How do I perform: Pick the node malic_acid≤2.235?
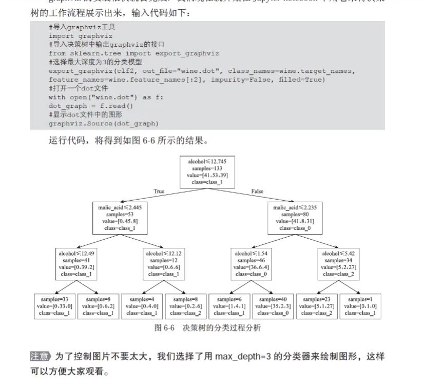coord(294,218)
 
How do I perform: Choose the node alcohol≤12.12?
coord(163,264)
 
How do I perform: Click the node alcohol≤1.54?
coord(251,264)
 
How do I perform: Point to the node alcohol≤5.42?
coord(338,264)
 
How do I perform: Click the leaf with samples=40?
coord(274,306)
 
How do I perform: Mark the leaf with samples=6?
coord(229,306)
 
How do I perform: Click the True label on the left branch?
coord(159,191)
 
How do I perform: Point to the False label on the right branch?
coord(257,191)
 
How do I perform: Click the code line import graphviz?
coord(80,36)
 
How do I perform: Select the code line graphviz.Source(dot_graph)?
coord(104,123)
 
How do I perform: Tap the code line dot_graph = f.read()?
coord(91,106)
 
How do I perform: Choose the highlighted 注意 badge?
coord(40,356)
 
